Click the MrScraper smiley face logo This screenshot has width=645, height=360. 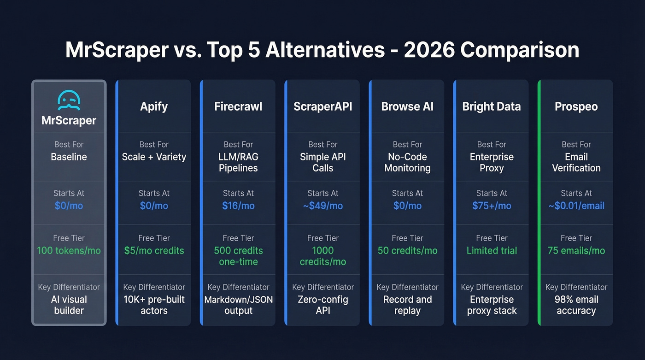click(x=69, y=100)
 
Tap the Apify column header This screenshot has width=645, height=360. click(x=154, y=106)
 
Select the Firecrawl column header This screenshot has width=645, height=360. click(x=238, y=106)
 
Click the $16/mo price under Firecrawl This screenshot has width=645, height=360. click(x=238, y=206)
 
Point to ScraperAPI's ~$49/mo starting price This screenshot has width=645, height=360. click(x=322, y=206)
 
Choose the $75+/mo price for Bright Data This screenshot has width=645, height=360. click(x=492, y=206)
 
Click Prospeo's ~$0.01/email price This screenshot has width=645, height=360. click(x=576, y=206)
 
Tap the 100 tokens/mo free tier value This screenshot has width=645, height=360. click(x=69, y=251)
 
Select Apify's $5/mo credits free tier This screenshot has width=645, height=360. click(x=154, y=251)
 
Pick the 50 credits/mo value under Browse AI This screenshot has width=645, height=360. click(x=407, y=251)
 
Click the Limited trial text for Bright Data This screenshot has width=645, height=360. click(x=492, y=251)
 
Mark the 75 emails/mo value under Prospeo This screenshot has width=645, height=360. click(x=576, y=251)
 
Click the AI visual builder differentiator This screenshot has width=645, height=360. click(x=69, y=305)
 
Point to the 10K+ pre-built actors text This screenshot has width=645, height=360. click(x=154, y=305)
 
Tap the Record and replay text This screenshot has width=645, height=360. click(x=407, y=305)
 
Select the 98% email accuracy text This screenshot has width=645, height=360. click(x=576, y=305)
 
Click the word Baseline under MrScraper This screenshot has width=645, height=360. click(x=69, y=157)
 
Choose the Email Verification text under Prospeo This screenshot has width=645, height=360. click(x=576, y=162)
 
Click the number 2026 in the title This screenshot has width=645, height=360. click(x=432, y=50)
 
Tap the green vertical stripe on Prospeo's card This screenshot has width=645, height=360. click(x=539, y=203)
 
